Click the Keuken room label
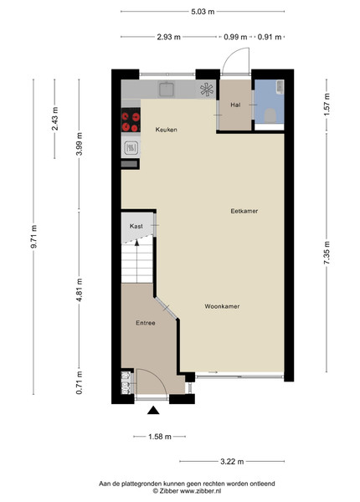click(166, 130)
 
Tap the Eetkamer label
click(244, 211)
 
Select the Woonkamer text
click(222, 306)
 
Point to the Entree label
click(146, 323)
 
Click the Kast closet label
click(136, 226)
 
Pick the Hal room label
click(235, 105)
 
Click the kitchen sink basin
click(167, 89)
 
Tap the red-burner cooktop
click(131, 120)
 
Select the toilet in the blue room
click(270, 115)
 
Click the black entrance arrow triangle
click(153, 410)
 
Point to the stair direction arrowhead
click(136, 243)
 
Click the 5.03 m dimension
click(203, 12)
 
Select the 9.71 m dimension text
click(33, 236)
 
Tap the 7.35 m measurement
click(327, 254)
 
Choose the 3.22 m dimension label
click(232, 461)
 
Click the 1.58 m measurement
click(160, 437)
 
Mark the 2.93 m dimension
click(168, 37)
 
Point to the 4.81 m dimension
click(79, 289)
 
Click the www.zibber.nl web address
click(200, 491)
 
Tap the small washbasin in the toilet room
click(280, 87)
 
